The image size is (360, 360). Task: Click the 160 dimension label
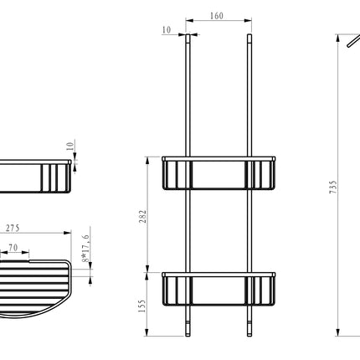(217, 16)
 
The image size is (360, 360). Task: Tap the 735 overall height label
(333, 188)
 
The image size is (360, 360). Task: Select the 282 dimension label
(142, 216)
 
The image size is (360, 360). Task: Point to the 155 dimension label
(142, 306)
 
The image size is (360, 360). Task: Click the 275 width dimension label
(13, 229)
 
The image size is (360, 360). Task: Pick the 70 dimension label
(13, 248)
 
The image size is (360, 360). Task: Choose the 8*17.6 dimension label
(85, 249)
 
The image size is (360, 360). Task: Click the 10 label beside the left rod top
(167, 30)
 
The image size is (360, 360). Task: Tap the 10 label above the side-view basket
(70, 146)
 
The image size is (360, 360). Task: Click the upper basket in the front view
(219, 173)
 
